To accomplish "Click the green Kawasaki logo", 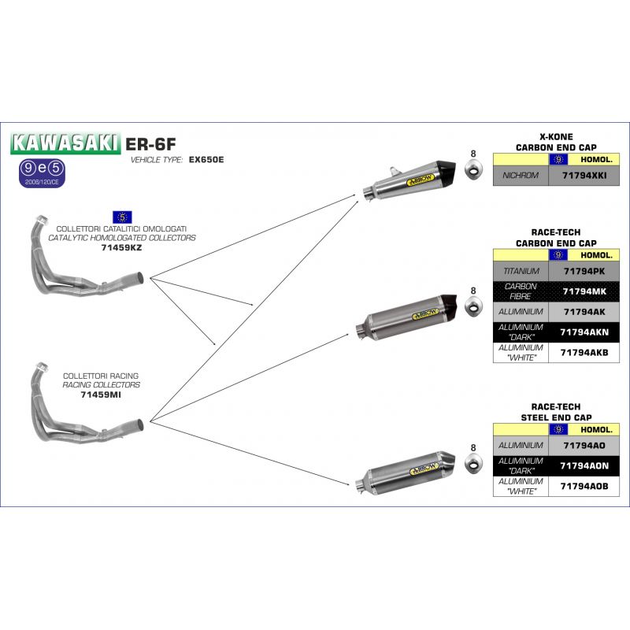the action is pyautogui.click(x=65, y=143).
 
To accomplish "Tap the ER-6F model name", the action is pyautogui.click(x=150, y=144).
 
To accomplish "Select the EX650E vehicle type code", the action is pyautogui.click(x=206, y=160).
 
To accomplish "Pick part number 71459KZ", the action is pyautogui.click(x=121, y=247).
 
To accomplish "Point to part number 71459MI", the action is pyautogui.click(x=101, y=395).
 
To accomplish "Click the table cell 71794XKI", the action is pyautogui.click(x=584, y=176).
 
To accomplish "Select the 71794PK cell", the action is pyautogui.click(x=584, y=271).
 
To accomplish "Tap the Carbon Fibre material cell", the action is pyautogui.click(x=521, y=291).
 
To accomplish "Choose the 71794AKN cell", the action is pyautogui.click(x=584, y=332).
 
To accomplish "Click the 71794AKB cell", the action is pyautogui.click(x=584, y=352).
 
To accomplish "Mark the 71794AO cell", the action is pyautogui.click(x=584, y=446).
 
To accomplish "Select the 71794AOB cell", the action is pyautogui.click(x=584, y=486).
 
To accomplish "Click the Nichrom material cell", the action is pyautogui.click(x=521, y=176).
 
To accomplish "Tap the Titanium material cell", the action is pyautogui.click(x=521, y=271).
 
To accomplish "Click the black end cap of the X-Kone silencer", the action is pyautogui.click(x=447, y=169).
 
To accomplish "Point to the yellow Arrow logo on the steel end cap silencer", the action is pyautogui.click(x=424, y=469).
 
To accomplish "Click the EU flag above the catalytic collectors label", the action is pyautogui.click(x=122, y=217).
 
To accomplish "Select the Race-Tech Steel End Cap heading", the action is pyautogui.click(x=556, y=412).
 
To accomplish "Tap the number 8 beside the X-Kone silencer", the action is pyautogui.click(x=473, y=154).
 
